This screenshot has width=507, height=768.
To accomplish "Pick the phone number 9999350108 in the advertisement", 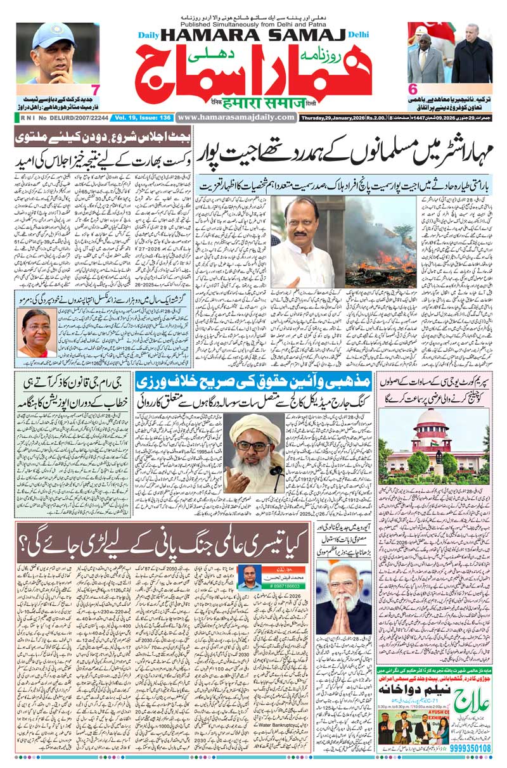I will click(x=469, y=748).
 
